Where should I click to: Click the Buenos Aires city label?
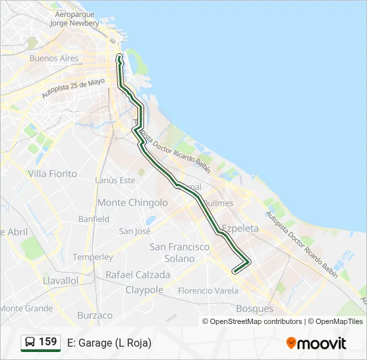click(x=54, y=58)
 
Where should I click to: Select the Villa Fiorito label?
click(x=53, y=174)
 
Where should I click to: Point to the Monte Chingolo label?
click(x=133, y=203)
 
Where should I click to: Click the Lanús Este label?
click(x=115, y=180)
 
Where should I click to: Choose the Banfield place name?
click(x=93, y=219)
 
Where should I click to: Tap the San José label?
click(x=135, y=231)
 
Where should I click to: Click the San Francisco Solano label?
click(x=179, y=253)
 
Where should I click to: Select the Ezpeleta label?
click(x=240, y=228)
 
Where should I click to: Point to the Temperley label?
click(x=93, y=257)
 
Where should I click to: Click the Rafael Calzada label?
click(x=138, y=275)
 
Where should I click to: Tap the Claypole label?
click(x=144, y=290)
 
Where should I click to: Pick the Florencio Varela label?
click(x=208, y=291)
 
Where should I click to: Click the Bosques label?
click(x=255, y=309)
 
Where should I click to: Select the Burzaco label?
click(x=95, y=315)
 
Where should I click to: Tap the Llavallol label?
click(x=61, y=281)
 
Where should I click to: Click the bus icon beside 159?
click(x=30, y=343)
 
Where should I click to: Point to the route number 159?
click(x=48, y=342)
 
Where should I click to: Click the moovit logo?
click(x=316, y=343)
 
